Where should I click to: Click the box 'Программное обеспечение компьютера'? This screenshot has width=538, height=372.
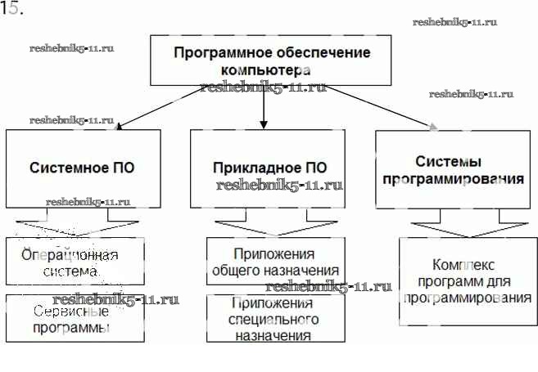[x=271, y=60]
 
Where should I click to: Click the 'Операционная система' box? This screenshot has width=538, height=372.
[x=75, y=261]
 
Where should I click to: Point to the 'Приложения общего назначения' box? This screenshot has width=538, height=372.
[x=274, y=261]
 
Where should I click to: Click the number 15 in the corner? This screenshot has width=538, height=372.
[x=11, y=10]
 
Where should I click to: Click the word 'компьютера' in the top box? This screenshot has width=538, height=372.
[x=271, y=70]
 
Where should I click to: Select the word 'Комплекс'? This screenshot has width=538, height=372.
[x=464, y=266]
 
